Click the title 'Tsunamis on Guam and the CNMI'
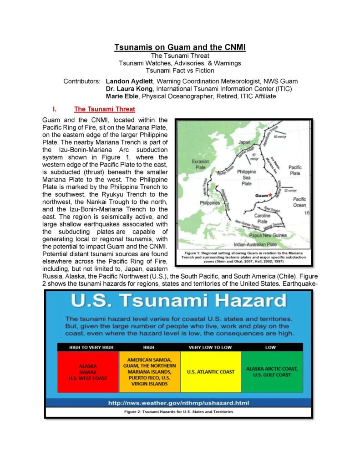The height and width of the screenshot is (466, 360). (180, 47)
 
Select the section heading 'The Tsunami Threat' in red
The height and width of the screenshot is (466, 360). (104, 109)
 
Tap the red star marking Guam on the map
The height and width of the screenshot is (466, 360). (270, 195)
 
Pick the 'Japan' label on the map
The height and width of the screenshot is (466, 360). (244, 142)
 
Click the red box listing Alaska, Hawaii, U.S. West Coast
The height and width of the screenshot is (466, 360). (88, 371)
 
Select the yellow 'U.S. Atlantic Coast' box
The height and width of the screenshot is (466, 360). (211, 371)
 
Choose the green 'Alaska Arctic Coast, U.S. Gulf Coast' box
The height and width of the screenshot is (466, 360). (272, 371)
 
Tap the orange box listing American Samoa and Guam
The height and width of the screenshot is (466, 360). (149, 371)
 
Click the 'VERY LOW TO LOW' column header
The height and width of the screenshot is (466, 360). (210, 347)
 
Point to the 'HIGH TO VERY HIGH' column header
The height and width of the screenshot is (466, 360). (88, 347)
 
